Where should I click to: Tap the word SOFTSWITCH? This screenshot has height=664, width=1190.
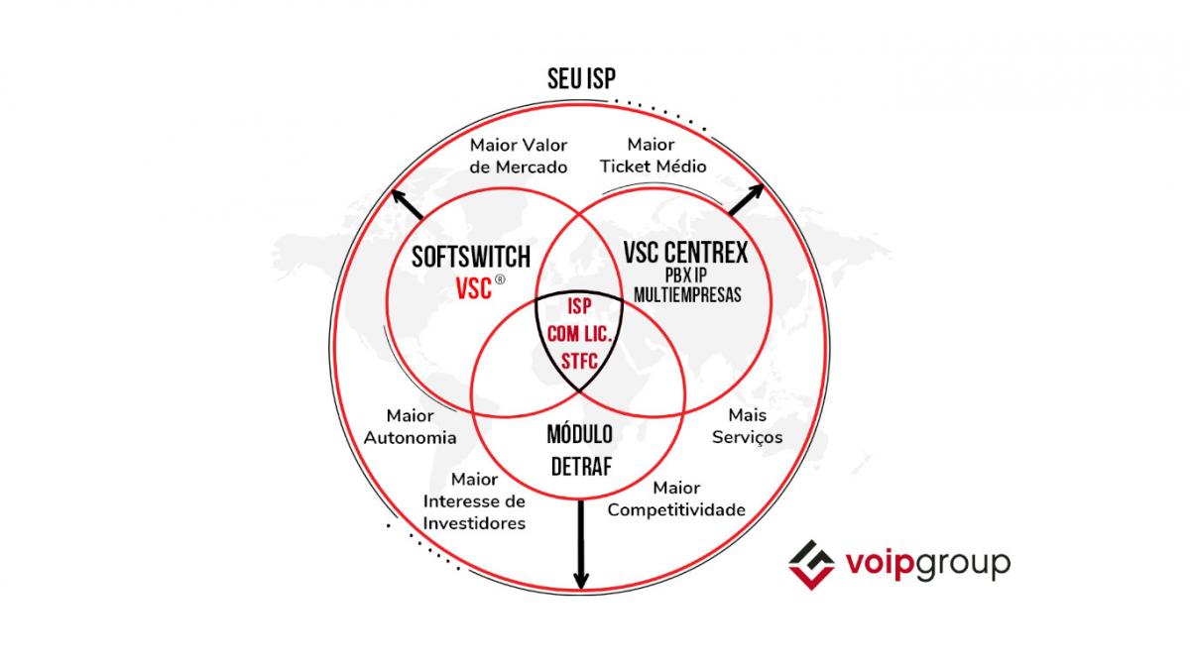click(472, 258)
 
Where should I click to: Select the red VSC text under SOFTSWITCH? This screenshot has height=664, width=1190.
click(473, 288)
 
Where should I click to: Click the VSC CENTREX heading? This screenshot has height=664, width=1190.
click(685, 254)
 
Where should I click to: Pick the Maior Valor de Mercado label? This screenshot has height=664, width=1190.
click(519, 157)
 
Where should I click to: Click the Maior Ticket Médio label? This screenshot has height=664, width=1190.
click(653, 157)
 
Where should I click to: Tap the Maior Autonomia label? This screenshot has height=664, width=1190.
click(410, 427)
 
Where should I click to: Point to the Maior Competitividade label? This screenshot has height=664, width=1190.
click(676, 499)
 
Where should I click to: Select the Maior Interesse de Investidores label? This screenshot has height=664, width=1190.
click(474, 499)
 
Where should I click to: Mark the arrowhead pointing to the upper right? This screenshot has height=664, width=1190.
click(760, 188)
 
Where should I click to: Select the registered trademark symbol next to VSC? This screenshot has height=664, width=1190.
click(500, 280)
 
